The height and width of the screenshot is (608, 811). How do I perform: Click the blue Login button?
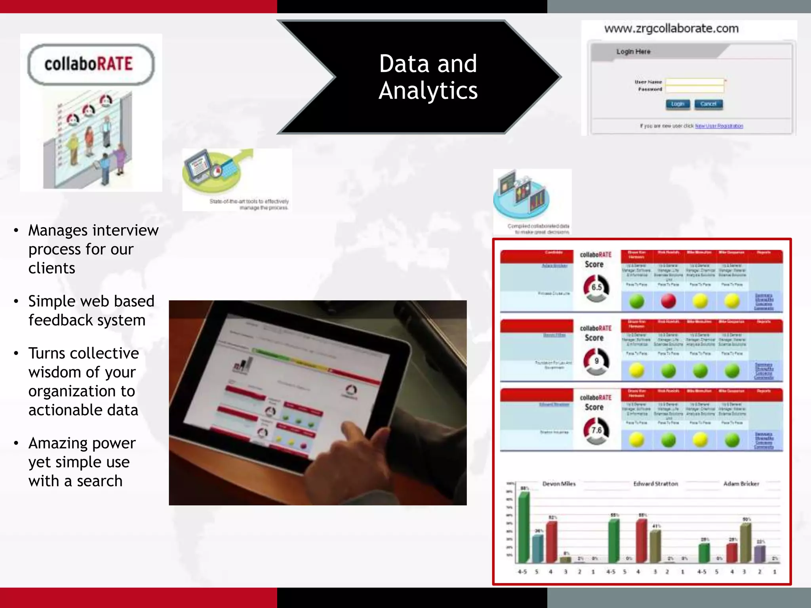tap(678, 104)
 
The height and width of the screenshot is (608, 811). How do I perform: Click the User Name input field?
tap(695, 82)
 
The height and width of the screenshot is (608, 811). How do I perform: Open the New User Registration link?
tap(719, 126)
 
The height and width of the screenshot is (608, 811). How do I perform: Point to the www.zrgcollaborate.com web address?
tap(671, 28)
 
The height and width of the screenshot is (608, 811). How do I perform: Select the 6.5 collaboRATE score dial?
tap(596, 288)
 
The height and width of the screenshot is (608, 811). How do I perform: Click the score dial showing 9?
tap(596, 361)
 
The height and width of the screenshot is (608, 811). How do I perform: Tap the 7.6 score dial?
tap(596, 430)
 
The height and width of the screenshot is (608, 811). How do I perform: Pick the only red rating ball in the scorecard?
tap(668, 301)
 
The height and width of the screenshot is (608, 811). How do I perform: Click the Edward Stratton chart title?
tap(655, 484)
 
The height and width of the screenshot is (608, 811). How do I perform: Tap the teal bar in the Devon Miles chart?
tap(537, 549)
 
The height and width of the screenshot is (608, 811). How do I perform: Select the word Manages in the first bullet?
tap(58, 230)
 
